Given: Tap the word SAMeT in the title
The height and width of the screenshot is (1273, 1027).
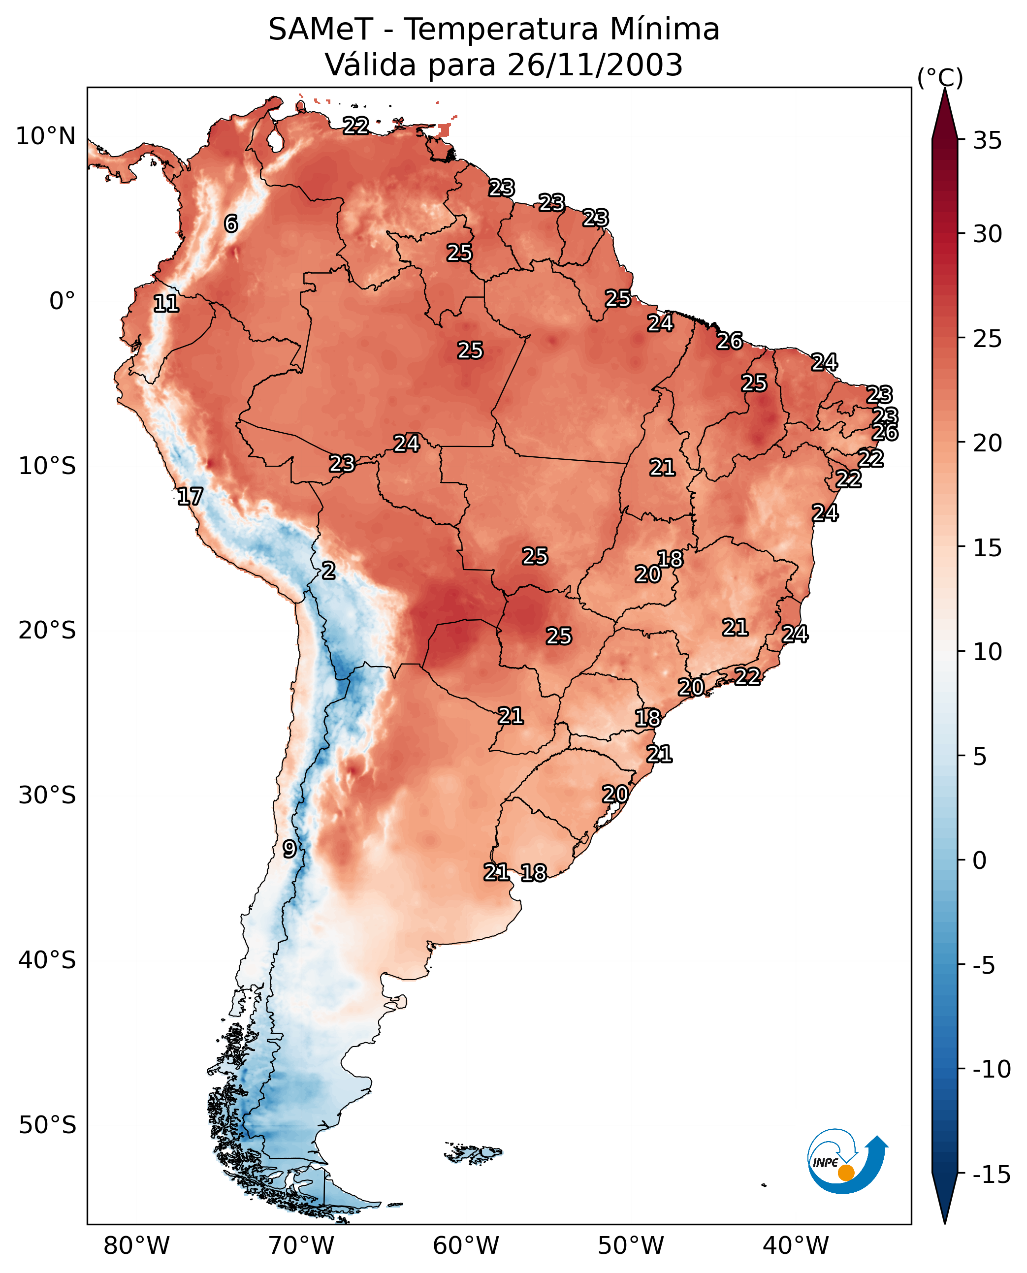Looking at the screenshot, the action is tap(321, 29).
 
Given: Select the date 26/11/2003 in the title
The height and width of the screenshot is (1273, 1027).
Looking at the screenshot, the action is tap(595, 64).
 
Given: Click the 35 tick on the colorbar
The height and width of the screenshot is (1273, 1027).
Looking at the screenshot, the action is tap(987, 141).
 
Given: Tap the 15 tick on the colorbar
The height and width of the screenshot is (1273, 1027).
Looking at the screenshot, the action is tap(987, 548).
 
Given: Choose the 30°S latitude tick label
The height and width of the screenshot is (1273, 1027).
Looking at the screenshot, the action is tap(47, 796).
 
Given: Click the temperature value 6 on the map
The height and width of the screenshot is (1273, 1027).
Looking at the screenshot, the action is tap(231, 223).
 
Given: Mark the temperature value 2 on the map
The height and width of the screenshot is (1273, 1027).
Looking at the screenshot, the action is tap(328, 570).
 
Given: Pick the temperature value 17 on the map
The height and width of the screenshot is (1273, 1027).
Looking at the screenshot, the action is tap(190, 496).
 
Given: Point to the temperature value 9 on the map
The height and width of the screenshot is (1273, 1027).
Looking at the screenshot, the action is tap(289, 849).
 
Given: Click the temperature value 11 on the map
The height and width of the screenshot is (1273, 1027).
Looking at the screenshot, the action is tap(166, 303).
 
